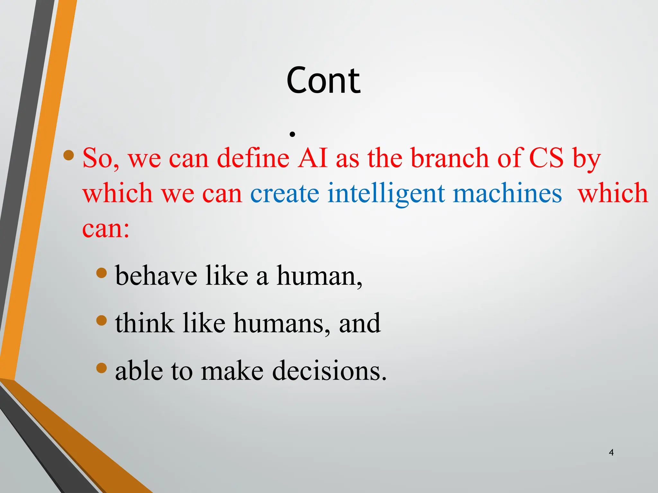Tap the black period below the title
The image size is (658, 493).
point(292,134)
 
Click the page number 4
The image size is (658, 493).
point(611,452)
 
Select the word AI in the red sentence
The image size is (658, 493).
point(312,158)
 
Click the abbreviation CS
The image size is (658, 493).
point(546,158)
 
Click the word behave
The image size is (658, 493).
point(156,276)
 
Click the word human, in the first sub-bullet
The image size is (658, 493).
point(319,276)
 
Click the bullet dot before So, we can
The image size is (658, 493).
point(69,156)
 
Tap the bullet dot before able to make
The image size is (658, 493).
point(102,368)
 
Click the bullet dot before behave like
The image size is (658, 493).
point(102,273)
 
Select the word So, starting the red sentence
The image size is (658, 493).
point(101,159)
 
